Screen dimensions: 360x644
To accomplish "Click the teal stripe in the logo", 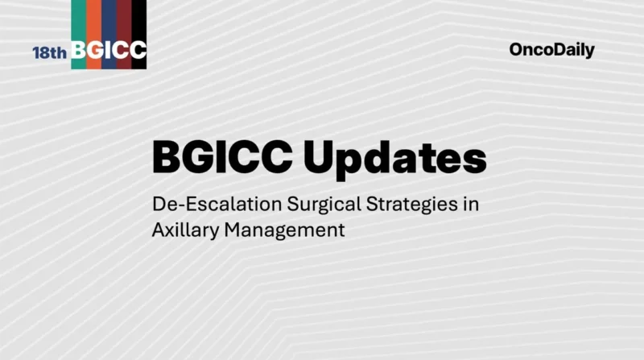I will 78,20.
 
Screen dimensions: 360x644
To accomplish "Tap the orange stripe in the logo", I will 93,20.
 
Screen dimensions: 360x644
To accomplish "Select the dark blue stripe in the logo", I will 109,20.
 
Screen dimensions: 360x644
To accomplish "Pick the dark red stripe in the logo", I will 123,20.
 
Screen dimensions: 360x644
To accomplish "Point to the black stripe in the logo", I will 138,20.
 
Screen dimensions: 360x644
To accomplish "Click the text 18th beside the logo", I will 50,52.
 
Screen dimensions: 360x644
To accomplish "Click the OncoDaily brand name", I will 551,50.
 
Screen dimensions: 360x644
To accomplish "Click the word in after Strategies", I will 470,203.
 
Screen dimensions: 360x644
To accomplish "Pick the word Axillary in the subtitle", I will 185,230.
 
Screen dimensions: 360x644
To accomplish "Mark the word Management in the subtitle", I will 285,230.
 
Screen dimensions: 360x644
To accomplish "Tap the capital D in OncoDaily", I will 554,50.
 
